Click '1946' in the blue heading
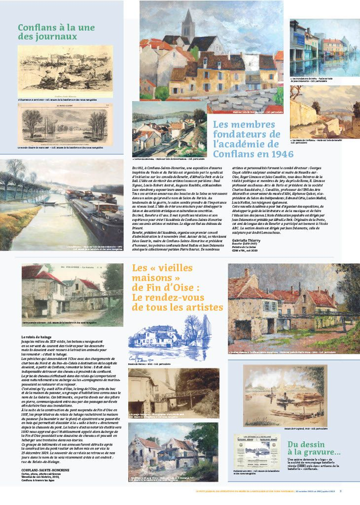[x=266, y=154]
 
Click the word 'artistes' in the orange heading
[x=202, y=308]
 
